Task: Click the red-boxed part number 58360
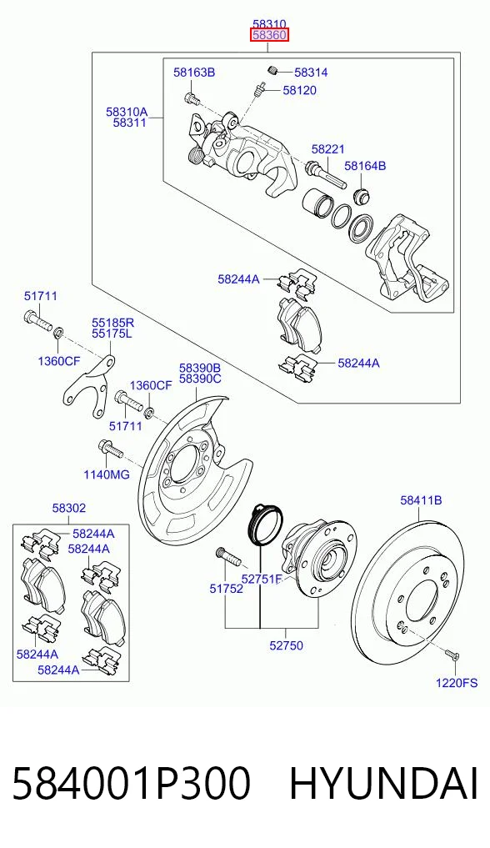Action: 269,36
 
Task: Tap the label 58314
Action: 311,73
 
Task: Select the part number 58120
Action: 300,90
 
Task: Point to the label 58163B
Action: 194,72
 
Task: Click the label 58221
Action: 328,149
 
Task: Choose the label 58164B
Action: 365,166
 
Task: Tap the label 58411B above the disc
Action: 421,500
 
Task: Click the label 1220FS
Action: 457,683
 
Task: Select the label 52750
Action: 287,645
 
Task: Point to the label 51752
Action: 227,589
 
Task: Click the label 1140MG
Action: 107,474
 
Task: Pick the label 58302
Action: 69,509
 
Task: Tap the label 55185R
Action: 112,323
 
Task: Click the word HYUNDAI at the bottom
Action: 384,784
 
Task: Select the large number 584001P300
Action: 132,784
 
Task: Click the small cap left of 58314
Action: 273,69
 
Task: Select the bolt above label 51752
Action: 227,556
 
